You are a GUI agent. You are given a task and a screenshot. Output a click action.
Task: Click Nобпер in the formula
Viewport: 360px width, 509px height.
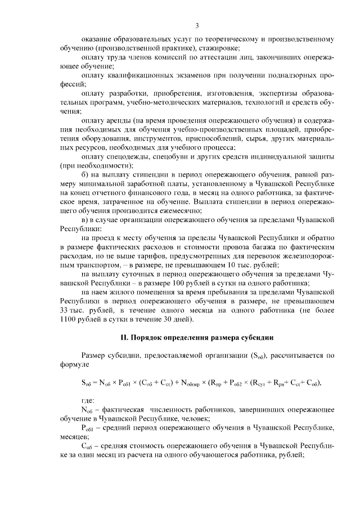(191, 382)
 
